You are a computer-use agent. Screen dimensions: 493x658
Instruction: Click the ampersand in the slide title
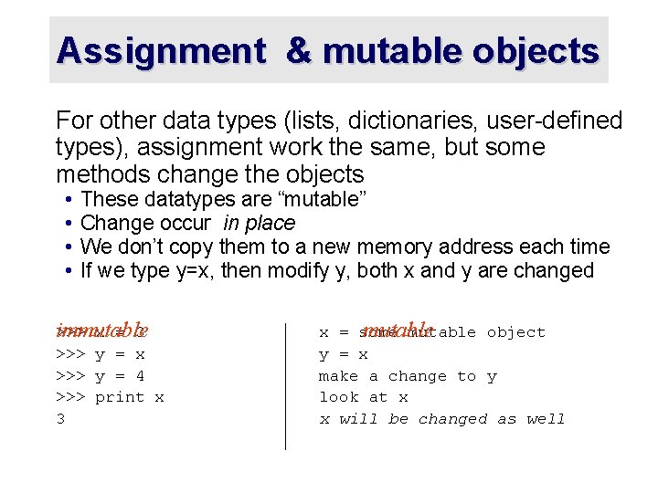(299, 51)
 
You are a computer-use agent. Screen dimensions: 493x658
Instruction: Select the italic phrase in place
(259, 223)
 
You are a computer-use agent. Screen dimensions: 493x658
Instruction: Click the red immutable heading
(101, 330)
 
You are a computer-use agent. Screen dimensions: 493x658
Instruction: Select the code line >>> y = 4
(101, 375)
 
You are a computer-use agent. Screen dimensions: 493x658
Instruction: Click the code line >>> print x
(110, 397)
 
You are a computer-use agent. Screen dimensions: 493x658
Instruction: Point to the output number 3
(60, 419)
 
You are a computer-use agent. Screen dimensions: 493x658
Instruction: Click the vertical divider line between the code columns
(286, 383)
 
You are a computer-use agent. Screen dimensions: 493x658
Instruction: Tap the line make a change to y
(408, 375)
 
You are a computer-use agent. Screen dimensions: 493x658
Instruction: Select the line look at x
(363, 397)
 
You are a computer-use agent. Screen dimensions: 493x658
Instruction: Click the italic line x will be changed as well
(441, 419)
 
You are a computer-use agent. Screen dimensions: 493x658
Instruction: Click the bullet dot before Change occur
(69, 223)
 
